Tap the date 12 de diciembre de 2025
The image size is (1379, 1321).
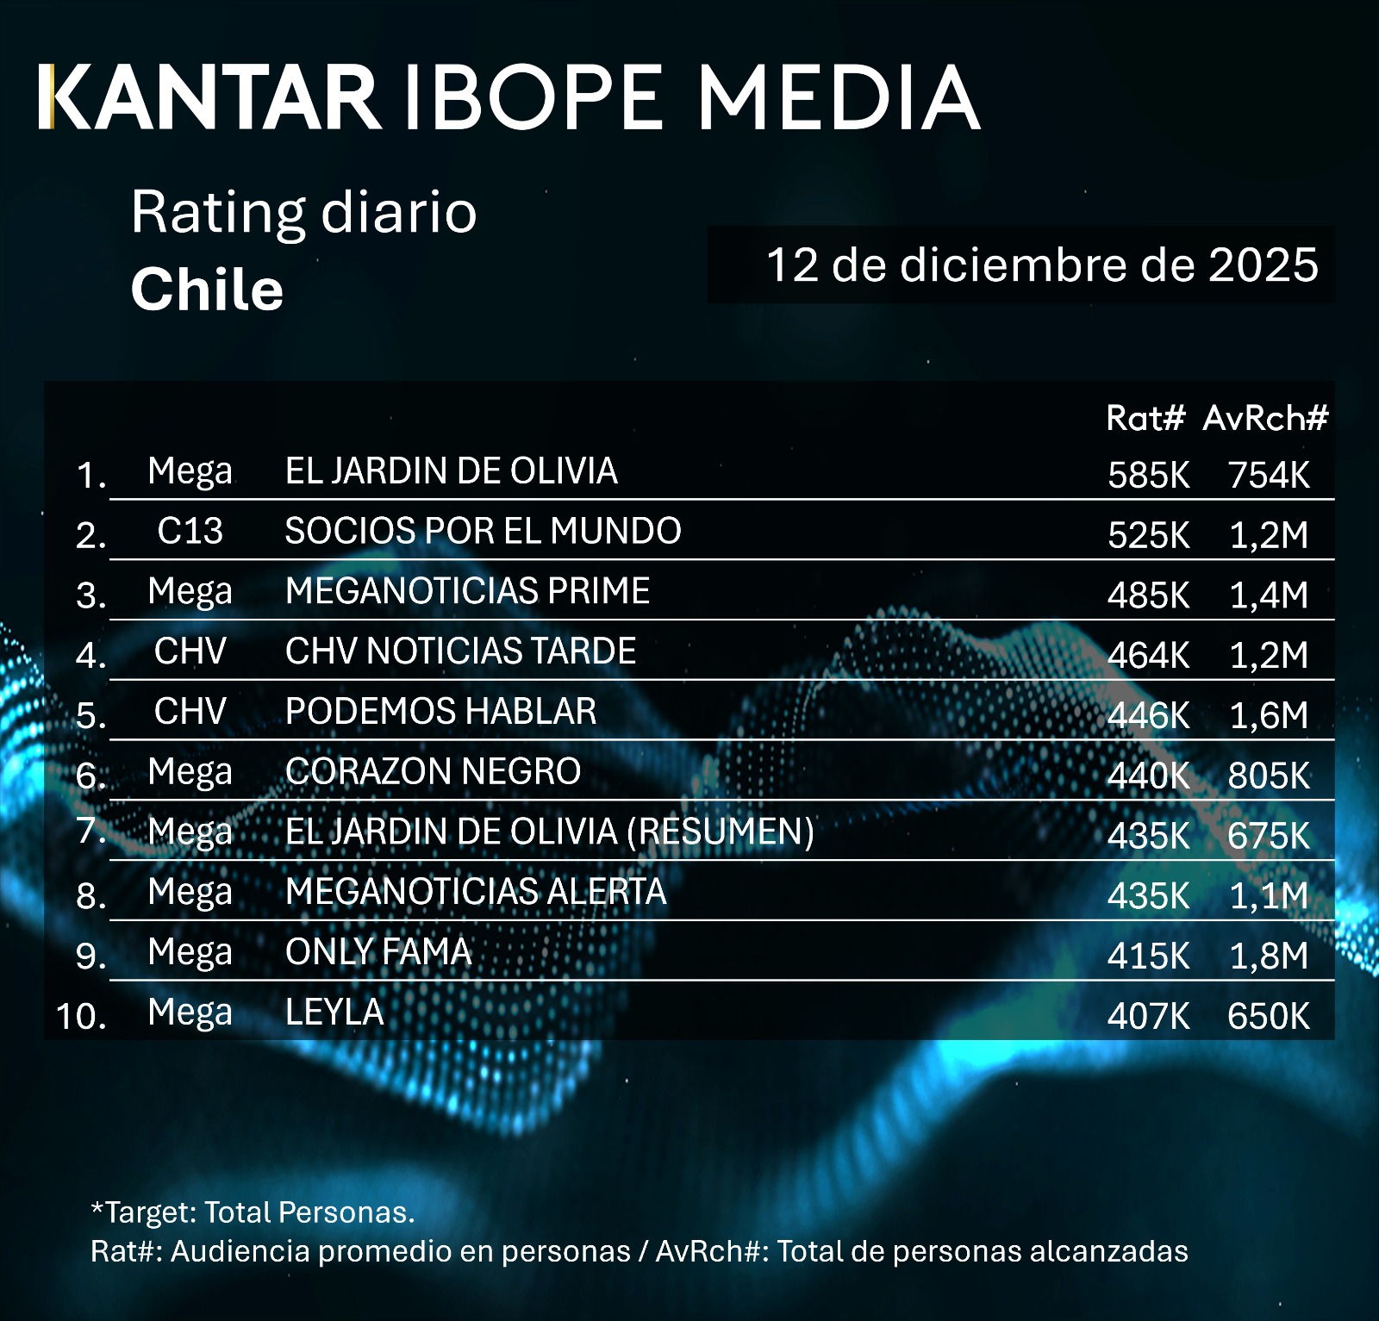tap(1042, 265)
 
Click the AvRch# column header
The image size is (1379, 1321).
tap(1265, 418)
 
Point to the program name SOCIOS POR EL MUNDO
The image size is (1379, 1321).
tap(483, 531)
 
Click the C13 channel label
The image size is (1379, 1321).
tap(190, 531)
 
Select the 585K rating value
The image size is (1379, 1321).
tap(1148, 475)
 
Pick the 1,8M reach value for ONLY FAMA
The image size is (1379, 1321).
tap(1269, 956)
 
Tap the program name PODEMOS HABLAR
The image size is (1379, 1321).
tap(440, 712)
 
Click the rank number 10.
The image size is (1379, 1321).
tap(81, 1016)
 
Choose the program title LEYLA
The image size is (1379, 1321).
tap(334, 1012)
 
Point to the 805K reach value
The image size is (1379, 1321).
tap(1269, 776)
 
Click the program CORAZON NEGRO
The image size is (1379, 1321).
tap(433, 771)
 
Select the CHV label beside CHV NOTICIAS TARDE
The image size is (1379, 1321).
tap(190, 651)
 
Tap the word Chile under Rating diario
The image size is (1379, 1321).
tap(207, 290)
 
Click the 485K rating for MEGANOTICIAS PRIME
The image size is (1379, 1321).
tap(1148, 595)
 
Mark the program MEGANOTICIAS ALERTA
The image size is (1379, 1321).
tap(476, 891)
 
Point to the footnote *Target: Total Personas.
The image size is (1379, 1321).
tap(253, 1212)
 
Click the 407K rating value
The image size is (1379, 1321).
tap(1148, 1016)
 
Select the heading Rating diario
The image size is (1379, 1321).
tap(303, 212)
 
